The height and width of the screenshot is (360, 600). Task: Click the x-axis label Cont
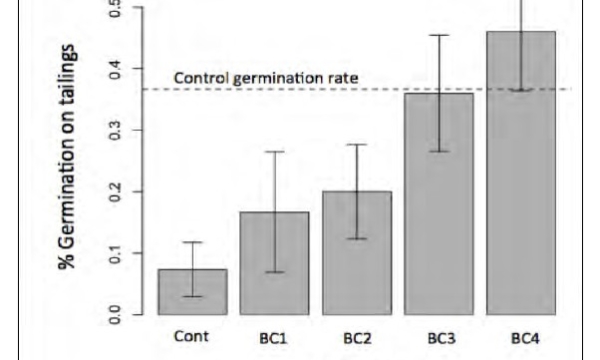pyautogui.click(x=191, y=336)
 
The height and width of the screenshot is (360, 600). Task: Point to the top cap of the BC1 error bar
pyautogui.click(x=274, y=152)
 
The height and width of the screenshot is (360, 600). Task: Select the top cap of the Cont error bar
pyautogui.click(x=191, y=242)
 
